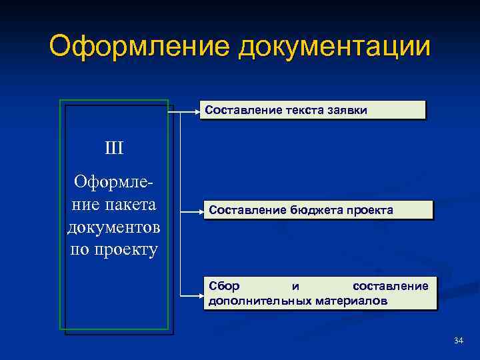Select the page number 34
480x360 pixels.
pyautogui.click(x=457, y=341)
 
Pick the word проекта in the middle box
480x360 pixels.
pyautogui.click(x=370, y=210)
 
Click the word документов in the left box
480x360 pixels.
pyautogui.click(x=114, y=227)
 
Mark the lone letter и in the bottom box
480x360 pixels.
pyautogui.click(x=295, y=287)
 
